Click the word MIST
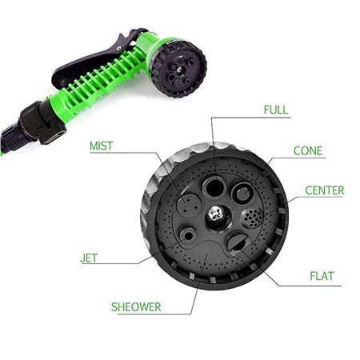pos(101,146)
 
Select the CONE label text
pos(308,150)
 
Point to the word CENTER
pos(324,190)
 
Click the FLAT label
pos(322,277)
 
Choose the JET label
pos(90,259)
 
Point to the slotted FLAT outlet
pos(238,242)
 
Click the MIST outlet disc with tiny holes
pos(189,206)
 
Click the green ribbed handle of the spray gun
pos(96,88)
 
